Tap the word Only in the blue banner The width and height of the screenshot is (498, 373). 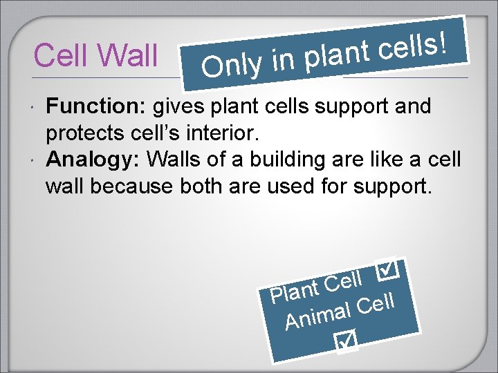coord(232,65)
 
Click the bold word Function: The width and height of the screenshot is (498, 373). coord(97,107)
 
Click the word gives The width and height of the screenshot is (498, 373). coord(175,107)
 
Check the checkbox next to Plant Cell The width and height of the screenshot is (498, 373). coord(388,270)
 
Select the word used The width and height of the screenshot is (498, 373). coord(307,186)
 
